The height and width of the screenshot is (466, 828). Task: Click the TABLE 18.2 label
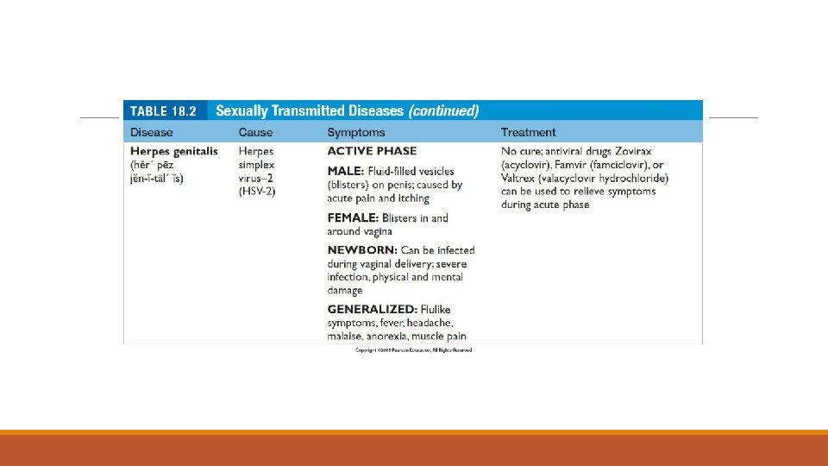(x=164, y=110)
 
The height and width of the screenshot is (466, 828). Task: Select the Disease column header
(x=151, y=132)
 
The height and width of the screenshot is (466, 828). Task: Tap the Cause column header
(x=255, y=132)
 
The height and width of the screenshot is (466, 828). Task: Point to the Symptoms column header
(x=356, y=132)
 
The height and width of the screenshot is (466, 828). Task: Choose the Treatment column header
(x=529, y=132)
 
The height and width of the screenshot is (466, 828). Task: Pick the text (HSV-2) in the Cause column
(x=257, y=191)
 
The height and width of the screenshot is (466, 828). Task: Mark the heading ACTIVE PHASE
(x=372, y=151)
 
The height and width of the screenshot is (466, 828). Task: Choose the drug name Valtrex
(x=518, y=178)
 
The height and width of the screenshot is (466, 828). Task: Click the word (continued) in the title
(x=443, y=110)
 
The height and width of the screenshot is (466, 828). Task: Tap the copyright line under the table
(x=414, y=349)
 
